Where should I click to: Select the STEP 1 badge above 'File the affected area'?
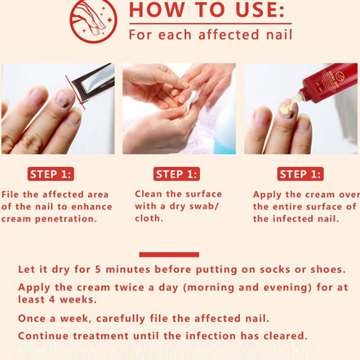point(51,174)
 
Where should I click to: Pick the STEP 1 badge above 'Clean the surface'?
point(176,174)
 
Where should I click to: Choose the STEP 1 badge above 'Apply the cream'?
point(300,174)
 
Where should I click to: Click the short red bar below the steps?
point(169,254)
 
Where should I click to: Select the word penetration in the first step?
point(65,219)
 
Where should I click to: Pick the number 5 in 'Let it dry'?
point(98,269)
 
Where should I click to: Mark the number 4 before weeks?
point(52,300)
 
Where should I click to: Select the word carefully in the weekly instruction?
point(121,319)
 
